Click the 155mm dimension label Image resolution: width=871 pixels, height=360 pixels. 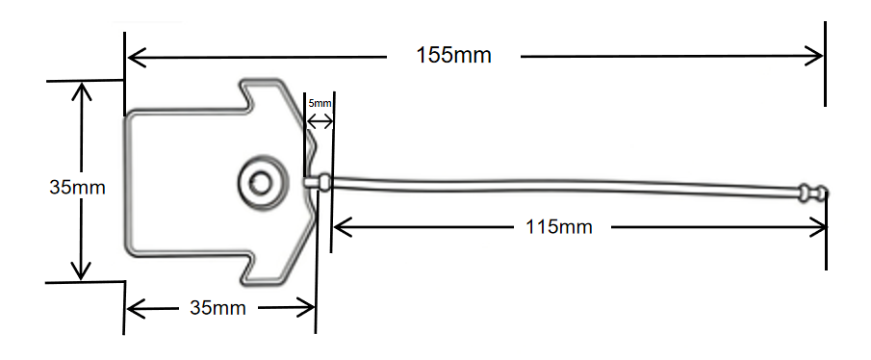click(454, 56)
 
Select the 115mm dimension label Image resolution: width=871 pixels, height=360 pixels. click(559, 226)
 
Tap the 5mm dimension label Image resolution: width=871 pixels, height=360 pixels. click(320, 103)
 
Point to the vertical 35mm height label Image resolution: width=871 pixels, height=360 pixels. click(77, 188)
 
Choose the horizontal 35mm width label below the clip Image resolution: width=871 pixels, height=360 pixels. click(218, 307)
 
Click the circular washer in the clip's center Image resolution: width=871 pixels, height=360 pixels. click(264, 182)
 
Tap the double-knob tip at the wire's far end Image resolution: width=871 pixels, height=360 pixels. click(813, 193)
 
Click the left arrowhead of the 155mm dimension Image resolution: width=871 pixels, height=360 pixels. click(137, 57)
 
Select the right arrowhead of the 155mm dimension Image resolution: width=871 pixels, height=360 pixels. click(814, 56)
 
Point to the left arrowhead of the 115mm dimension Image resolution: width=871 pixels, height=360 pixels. click(343, 226)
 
